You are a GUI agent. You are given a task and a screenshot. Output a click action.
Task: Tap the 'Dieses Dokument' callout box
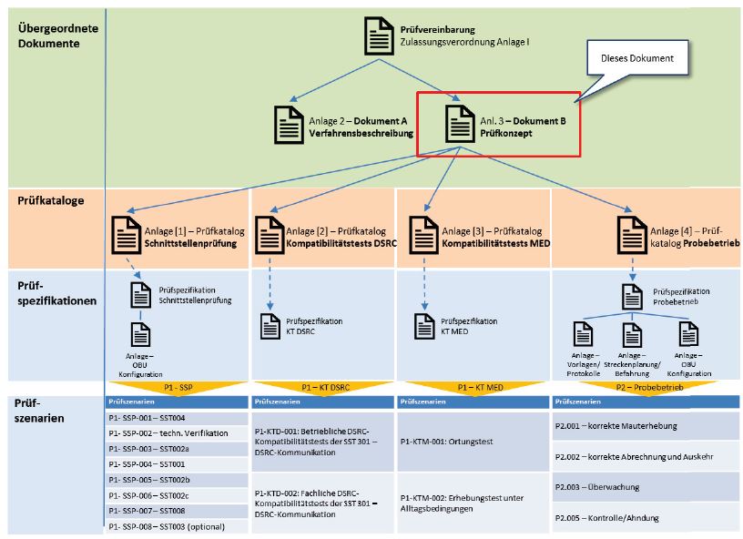(636, 59)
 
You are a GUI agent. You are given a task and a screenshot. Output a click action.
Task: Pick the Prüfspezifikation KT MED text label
(469, 326)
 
